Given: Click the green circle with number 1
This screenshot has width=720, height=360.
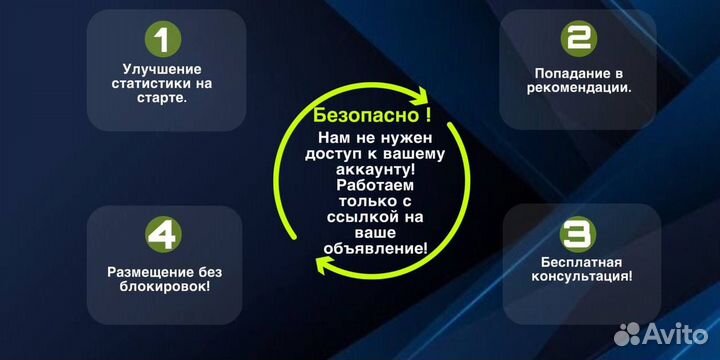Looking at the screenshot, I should (164, 40).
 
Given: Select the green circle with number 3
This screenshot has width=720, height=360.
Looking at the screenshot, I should (577, 235).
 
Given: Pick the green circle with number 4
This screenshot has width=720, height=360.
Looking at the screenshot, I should (164, 235).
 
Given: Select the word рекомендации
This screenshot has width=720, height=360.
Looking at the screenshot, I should (578, 87).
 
